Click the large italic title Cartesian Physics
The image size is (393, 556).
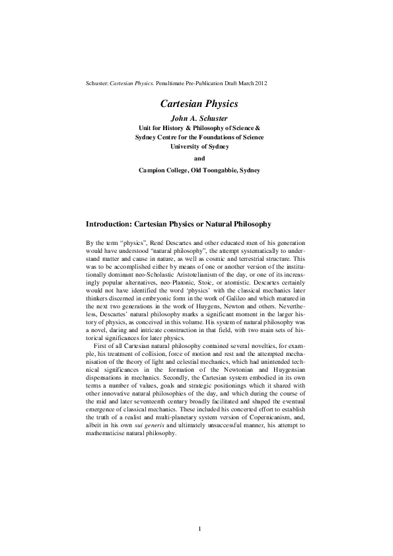199,104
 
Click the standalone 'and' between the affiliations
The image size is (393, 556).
199,158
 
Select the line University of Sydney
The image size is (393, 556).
199,147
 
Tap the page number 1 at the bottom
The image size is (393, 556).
199,528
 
